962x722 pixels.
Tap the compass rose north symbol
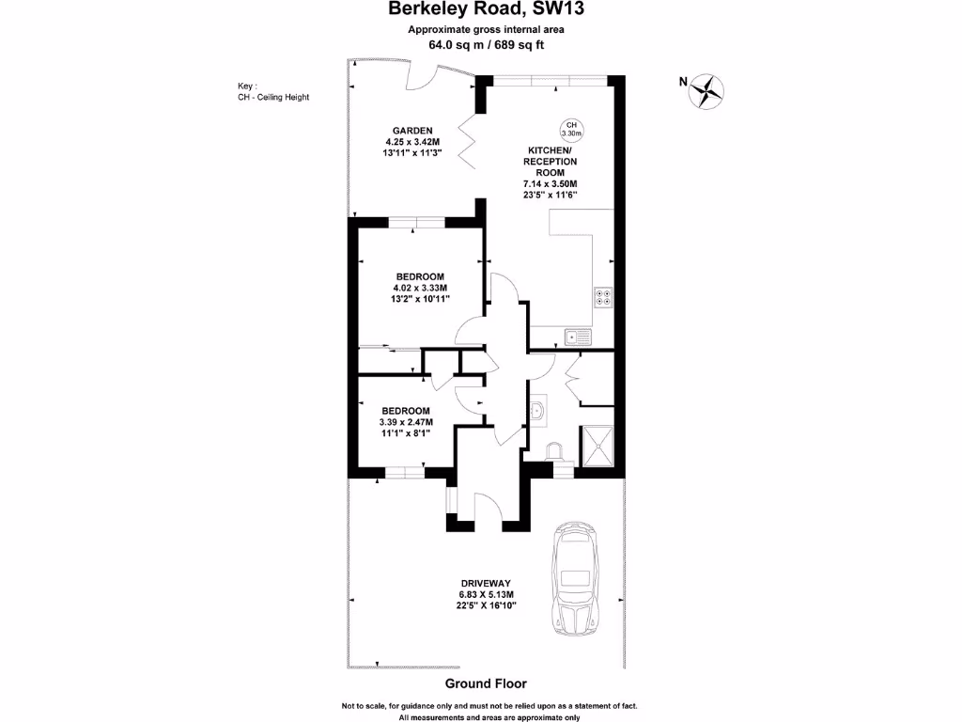pos(706,89)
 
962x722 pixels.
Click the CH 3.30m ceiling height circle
pos(571,130)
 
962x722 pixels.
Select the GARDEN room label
pos(412,131)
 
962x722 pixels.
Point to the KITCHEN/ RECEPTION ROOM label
pos(550,162)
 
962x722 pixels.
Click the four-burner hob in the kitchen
pos(603,297)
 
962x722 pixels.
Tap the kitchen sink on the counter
pos(576,336)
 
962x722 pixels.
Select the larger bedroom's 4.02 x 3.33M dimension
pos(420,288)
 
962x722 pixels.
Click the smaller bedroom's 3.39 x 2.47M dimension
pos(406,423)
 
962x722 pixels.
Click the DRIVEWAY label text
pos(484,583)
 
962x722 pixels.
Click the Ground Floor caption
pos(486,683)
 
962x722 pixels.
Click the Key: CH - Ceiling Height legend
pos(273,92)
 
